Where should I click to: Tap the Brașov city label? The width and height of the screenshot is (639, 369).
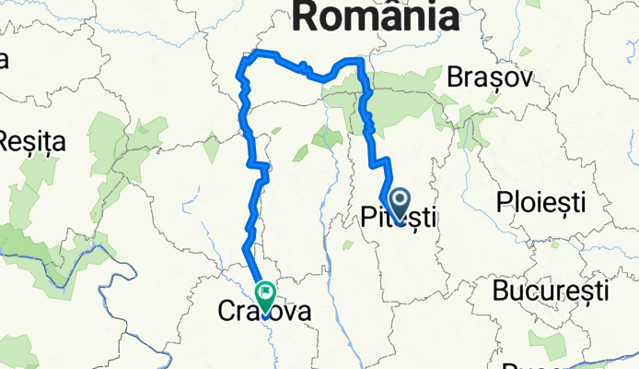click(x=489, y=79)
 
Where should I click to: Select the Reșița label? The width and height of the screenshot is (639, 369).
click(x=32, y=143)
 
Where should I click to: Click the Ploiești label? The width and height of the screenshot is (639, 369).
click(x=541, y=201)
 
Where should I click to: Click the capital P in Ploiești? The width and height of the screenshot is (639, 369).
click(x=505, y=201)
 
